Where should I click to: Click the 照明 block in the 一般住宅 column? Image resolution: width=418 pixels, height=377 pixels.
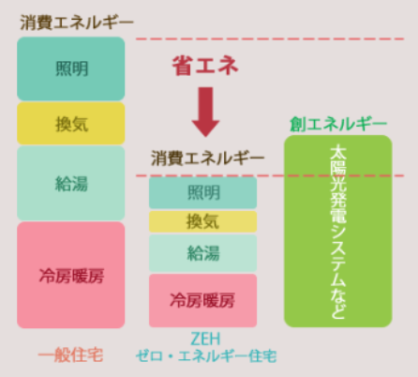point(71,68)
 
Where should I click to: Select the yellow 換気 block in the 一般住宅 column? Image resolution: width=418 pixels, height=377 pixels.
point(71,124)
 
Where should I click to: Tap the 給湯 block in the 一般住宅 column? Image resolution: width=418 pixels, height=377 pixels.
point(71,183)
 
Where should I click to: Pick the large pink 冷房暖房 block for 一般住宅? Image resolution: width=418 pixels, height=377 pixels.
point(71,275)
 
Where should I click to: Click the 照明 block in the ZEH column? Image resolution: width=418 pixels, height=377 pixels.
point(202,192)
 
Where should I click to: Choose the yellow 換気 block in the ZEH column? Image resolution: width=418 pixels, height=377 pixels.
point(202,221)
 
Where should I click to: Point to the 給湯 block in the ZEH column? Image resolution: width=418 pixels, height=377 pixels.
point(202,253)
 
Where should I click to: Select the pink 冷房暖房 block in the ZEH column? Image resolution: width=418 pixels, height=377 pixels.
point(202,300)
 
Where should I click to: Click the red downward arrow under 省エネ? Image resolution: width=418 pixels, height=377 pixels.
point(205,112)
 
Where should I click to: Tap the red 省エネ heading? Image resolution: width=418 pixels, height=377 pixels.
point(205,66)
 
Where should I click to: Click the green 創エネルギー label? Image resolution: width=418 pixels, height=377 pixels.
point(338,124)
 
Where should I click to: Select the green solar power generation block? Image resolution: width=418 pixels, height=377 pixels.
point(338,232)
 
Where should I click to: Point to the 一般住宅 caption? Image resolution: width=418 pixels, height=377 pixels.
point(70,355)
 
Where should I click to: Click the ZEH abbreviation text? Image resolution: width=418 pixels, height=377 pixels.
point(205,339)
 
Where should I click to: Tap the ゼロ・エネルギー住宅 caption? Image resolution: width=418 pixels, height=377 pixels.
point(206,356)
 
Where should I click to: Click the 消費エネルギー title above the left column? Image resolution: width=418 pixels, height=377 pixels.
point(77,23)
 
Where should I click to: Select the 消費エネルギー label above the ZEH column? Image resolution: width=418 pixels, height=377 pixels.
point(208,158)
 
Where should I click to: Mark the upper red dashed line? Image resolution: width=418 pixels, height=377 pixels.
point(270,38)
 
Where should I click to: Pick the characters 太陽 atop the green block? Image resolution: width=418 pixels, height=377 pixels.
point(338,159)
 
